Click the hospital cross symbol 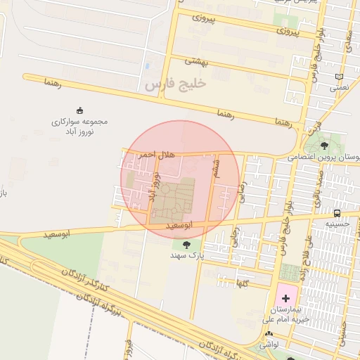[285, 298]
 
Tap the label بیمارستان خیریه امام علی [285, 314]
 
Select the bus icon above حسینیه [337, 213]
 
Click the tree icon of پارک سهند [186, 245]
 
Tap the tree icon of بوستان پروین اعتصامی [323, 146]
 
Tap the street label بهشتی [198, 61]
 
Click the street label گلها [243, 282]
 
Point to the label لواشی [268, 345]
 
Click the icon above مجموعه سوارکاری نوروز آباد [79, 110]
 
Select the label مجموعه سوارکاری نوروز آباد [79, 127]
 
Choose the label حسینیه [337, 224]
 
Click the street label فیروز [127, 348]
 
